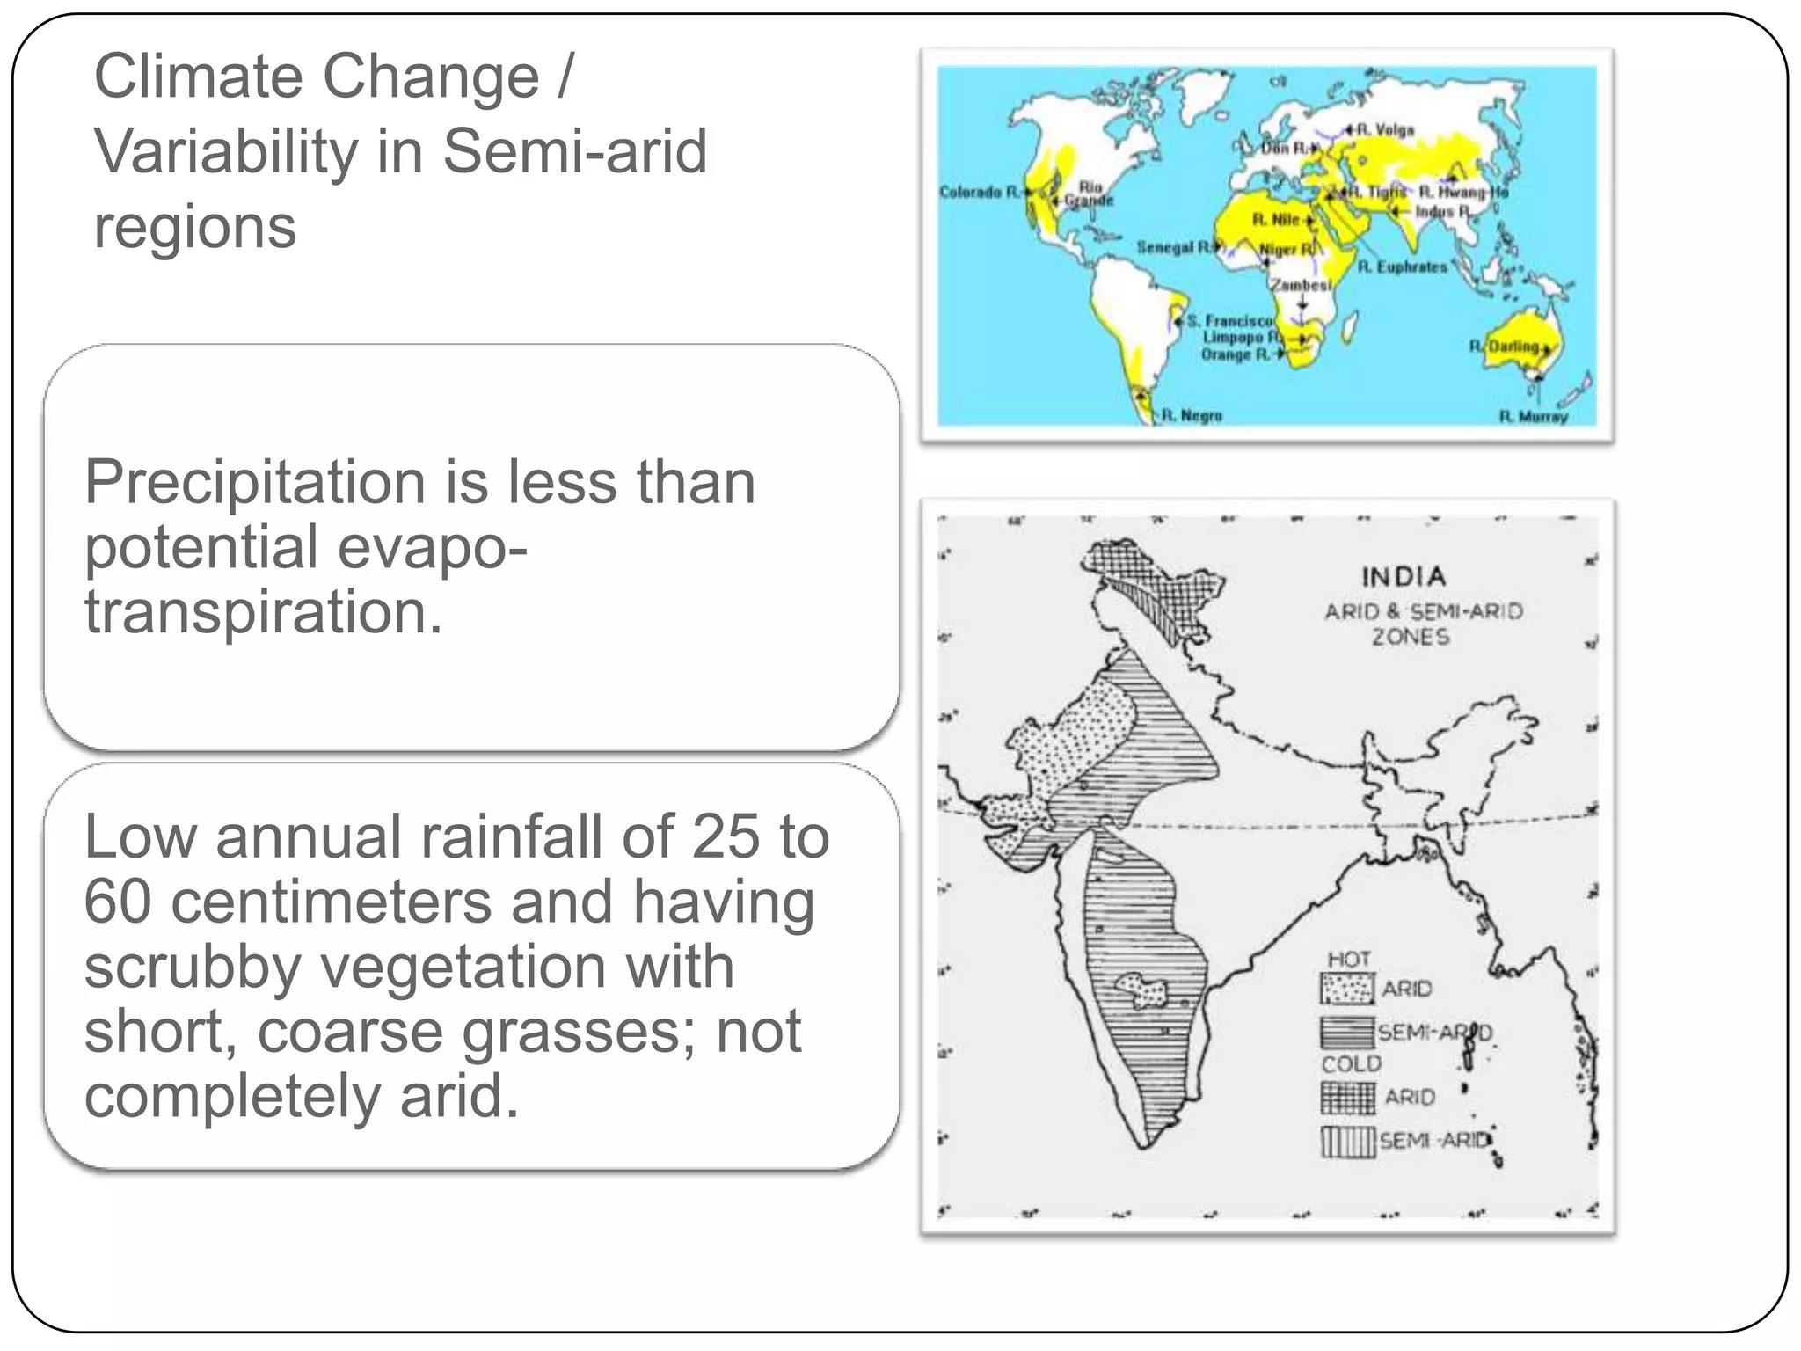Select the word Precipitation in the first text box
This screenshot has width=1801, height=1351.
point(255,483)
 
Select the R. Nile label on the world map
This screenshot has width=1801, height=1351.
point(1276,219)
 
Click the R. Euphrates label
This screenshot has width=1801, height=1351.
point(1402,267)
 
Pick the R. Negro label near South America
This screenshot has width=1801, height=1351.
point(1192,415)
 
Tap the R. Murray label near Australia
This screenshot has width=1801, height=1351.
point(1534,416)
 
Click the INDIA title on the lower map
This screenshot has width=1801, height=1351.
point(1404,577)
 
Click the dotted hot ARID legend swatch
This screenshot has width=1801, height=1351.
point(1346,989)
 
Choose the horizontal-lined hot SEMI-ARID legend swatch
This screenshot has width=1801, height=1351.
point(1346,1032)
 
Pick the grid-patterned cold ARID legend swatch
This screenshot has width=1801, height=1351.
point(1347,1097)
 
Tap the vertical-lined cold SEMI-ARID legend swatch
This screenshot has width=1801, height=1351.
point(1346,1141)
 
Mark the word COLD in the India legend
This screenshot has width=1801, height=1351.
point(1351,1064)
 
